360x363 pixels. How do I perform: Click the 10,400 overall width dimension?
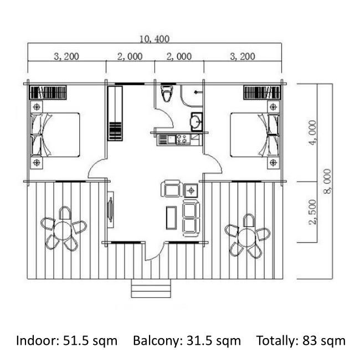[x=155, y=39]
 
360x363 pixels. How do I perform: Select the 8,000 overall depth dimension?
[x=327, y=181]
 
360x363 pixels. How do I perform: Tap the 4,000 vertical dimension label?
[x=312, y=132]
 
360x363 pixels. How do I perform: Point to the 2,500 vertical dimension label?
[x=312, y=212]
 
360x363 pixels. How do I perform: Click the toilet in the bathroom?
[x=167, y=94]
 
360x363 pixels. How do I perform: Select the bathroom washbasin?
[x=197, y=122]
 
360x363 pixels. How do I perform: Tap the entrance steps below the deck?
[x=151, y=288]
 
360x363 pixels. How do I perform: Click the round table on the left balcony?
[x=63, y=231]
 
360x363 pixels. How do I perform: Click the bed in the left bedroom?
[x=55, y=134]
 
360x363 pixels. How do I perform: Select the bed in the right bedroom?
[x=254, y=134]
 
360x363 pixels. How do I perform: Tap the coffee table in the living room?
[x=172, y=218]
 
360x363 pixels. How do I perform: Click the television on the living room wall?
[x=111, y=210]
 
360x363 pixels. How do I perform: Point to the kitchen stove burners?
[x=182, y=139]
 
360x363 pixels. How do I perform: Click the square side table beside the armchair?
[x=191, y=190]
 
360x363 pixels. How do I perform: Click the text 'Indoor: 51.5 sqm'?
[x=66, y=341]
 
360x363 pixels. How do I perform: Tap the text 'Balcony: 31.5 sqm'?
[x=187, y=341]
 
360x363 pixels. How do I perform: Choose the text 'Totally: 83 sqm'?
[x=301, y=341]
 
